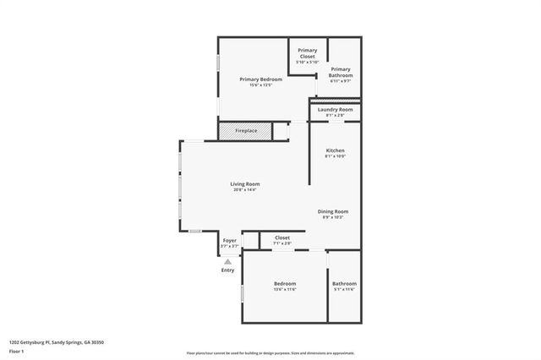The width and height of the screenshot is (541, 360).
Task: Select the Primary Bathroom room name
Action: click(x=341, y=72)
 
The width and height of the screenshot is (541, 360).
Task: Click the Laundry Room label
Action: click(x=335, y=110)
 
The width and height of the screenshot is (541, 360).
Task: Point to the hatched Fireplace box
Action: click(x=246, y=132)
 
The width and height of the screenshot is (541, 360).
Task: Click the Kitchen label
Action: click(x=335, y=150)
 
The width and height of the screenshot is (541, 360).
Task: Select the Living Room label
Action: click(x=245, y=183)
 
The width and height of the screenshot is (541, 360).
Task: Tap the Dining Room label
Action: click(x=333, y=211)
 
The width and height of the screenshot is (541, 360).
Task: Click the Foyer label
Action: click(x=229, y=241)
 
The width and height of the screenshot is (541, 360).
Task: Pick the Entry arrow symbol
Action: click(x=227, y=262)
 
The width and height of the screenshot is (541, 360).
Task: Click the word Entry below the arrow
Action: click(x=227, y=270)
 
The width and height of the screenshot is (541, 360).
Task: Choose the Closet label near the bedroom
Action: click(x=282, y=238)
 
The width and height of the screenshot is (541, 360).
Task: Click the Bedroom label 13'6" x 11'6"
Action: click(x=284, y=283)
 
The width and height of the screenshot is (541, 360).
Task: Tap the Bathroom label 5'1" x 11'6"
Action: click(x=344, y=284)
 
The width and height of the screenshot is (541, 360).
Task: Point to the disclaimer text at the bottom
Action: click(x=270, y=353)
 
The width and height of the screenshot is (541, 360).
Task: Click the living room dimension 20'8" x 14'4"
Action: click(x=245, y=189)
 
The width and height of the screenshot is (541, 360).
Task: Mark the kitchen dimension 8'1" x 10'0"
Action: click(x=335, y=156)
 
